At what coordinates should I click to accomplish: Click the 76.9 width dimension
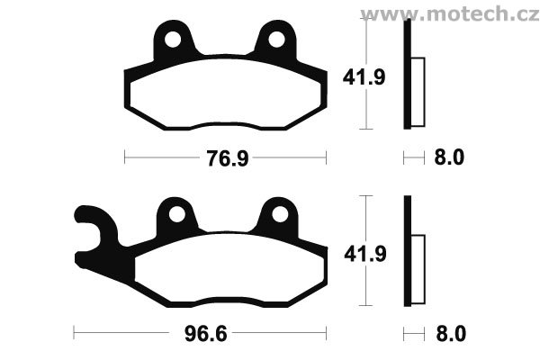[228, 158]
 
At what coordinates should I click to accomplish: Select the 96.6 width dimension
[206, 334]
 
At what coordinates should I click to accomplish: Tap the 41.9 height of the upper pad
[364, 77]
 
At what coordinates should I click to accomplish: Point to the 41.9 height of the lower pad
[365, 254]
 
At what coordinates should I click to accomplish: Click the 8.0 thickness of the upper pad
[449, 157]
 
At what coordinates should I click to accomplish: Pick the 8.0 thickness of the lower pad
[451, 334]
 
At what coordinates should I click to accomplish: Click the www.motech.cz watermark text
[450, 13]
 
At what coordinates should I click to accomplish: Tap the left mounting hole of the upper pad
[173, 40]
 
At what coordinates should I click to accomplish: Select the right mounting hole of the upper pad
[276, 40]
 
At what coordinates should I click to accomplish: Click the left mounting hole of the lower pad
[177, 214]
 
